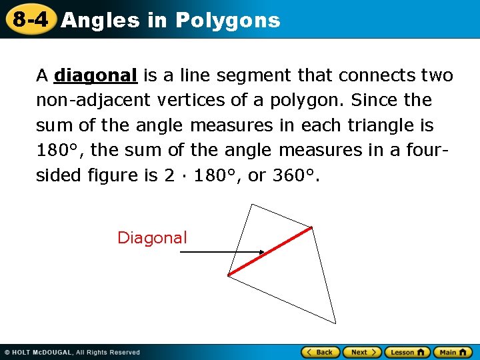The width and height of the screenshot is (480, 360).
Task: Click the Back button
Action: pyautogui.click(x=321, y=352)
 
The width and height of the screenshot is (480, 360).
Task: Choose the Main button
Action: pyautogui.click(x=453, y=352)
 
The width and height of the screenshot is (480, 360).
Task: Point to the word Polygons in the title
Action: pyautogui.click(x=227, y=21)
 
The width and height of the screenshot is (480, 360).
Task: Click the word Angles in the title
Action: pyautogui.click(x=100, y=21)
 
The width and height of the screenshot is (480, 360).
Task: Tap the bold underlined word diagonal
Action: pyautogui.click(x=96, y=76)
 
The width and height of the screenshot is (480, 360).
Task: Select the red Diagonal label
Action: pyautogui.click(x=152, y=238)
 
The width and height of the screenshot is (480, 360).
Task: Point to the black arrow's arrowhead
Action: pyautogui.click(x=262, y=253)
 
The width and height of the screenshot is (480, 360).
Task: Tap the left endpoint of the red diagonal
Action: pyautogui.click(x=229, y=275)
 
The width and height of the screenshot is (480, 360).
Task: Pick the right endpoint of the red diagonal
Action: pyautogui.click(x=311, y=228)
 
